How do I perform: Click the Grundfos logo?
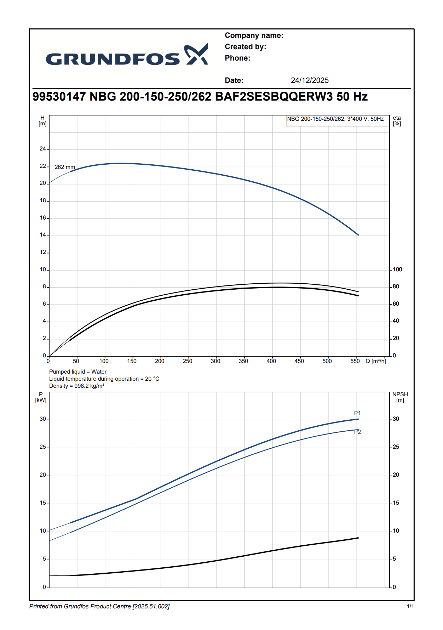click(127, 55)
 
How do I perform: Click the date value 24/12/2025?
click(310, 80)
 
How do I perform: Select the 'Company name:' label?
click(254, 35)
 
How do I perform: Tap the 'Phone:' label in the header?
click(237, 58)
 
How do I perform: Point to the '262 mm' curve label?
click(65, 167)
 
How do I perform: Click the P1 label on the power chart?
click(357, 413)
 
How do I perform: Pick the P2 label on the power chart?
click(357, 432)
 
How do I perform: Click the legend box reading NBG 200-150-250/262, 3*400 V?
click(335, 119)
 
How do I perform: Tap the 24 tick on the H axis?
click(43, 149)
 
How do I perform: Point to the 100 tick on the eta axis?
click(397, 269)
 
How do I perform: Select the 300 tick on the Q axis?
click(215, 361)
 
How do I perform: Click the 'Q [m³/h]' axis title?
click(376, 361)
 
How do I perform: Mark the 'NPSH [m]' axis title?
click(400, 397)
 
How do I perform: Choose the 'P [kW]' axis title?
click(41, 397)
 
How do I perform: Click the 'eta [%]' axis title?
click(397, 121)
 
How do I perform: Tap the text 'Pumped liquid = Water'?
click(78, 372)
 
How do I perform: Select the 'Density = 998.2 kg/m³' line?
click(77, 386)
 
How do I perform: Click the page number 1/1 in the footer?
click(410, 607)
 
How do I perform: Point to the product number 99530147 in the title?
click(59, 97)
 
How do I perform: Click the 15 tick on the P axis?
click(43, 503)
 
